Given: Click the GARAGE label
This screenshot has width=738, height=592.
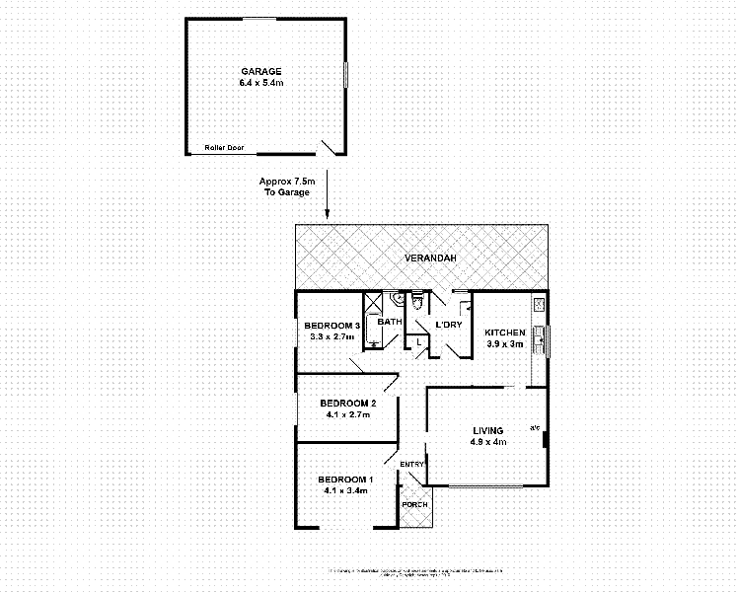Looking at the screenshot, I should point(261,71).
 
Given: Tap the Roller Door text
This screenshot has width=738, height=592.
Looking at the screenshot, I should point(224,147).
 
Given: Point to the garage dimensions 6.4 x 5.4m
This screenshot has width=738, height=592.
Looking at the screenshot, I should point(261,83).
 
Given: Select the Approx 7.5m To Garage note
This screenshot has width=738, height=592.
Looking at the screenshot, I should point(286,186).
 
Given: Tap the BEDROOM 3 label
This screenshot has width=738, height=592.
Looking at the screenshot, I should point(331,326).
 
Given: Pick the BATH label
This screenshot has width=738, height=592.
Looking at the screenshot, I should point(390,322).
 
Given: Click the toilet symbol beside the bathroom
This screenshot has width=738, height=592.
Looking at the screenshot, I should point(417,300).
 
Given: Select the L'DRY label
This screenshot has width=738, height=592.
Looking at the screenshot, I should point(449,326).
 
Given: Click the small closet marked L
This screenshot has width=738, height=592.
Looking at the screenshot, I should point(419,341).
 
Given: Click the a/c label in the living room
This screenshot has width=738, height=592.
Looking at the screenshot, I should point(535,427).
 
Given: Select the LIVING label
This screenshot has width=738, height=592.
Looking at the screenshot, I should point(487,430).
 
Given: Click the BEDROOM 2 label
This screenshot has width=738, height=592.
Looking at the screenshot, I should point(347,403).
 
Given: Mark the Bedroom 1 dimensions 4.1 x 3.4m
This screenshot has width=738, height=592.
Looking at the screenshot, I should point(345,489).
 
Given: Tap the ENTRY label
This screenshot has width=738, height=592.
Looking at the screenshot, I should point(411,464).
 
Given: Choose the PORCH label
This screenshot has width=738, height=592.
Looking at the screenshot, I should point(414,505).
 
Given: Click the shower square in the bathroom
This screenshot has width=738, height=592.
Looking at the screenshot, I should point(373,302).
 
